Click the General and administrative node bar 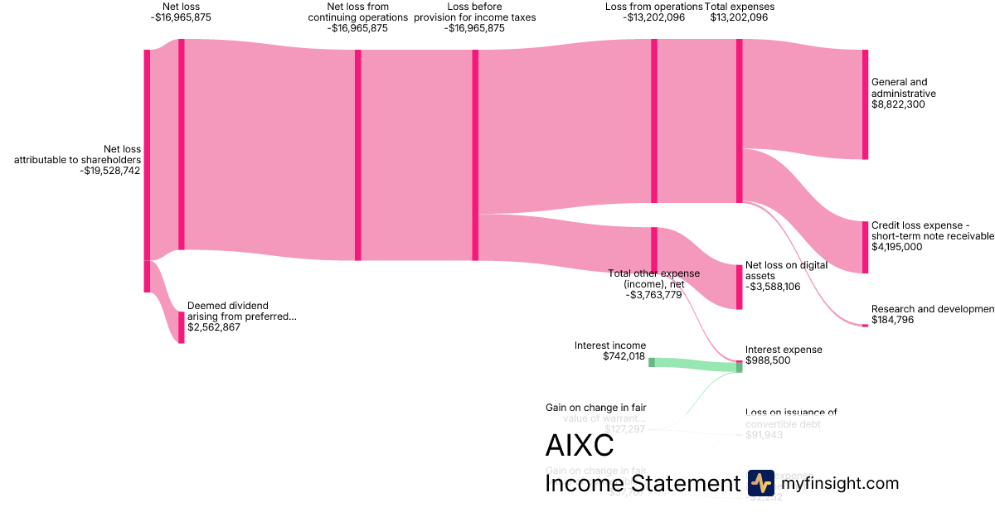(x=865, y=104)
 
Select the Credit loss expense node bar (x=865, y=247)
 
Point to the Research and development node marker (x=865, y=326)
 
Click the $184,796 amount (x=892, y=320)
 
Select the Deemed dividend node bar (x=182, y=327)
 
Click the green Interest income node (x=652, y=362)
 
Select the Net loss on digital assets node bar (x=739, y=287)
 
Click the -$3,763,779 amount (x=653, y=294)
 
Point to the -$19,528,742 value (x=110, y=171)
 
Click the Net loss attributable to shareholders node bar (x=147, y=171)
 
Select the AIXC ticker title (x=580, y=446)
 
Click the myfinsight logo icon (x=760, y=483)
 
